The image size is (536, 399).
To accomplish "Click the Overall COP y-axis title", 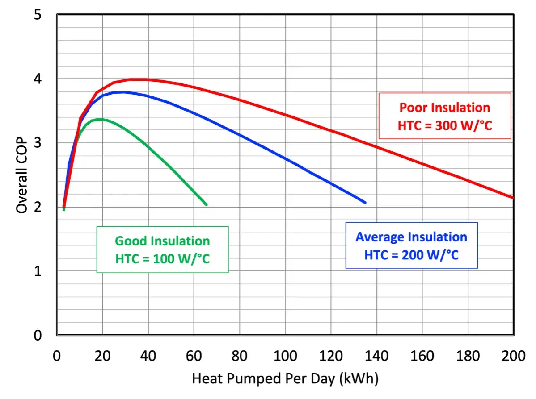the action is [x=21, y=175].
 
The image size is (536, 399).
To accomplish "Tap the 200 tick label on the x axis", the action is [x=514, y=356].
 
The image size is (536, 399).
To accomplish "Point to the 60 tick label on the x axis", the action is [x=194, y=356].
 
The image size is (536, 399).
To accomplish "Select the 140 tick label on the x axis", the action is [x=376, y=356].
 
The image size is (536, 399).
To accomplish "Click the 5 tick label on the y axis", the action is [x=38, y=15].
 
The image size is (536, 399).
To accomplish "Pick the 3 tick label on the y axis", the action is [x=38, y=143].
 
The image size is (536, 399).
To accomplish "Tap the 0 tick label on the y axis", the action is [x=38, y=335].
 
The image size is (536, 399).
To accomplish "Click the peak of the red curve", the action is [x=137, y=79].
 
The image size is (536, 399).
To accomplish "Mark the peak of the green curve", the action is [x=99, y=119].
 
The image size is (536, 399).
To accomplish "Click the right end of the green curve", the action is [x=206, y=205].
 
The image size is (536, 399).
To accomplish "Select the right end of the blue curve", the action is [x=365, y=203].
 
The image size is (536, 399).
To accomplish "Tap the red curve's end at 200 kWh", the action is [x=513, y=197].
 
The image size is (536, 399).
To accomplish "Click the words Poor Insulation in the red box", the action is [x=445, y=108].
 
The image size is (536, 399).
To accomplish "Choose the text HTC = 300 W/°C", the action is [x=445, y=125].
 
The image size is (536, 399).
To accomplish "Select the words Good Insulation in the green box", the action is [x=162, y=241].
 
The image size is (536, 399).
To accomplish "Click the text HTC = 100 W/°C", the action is [x=162, y=259].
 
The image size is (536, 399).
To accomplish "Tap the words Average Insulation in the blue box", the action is [x=411, y=237].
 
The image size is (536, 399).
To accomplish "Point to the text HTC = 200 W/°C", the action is [x=411, y=255].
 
